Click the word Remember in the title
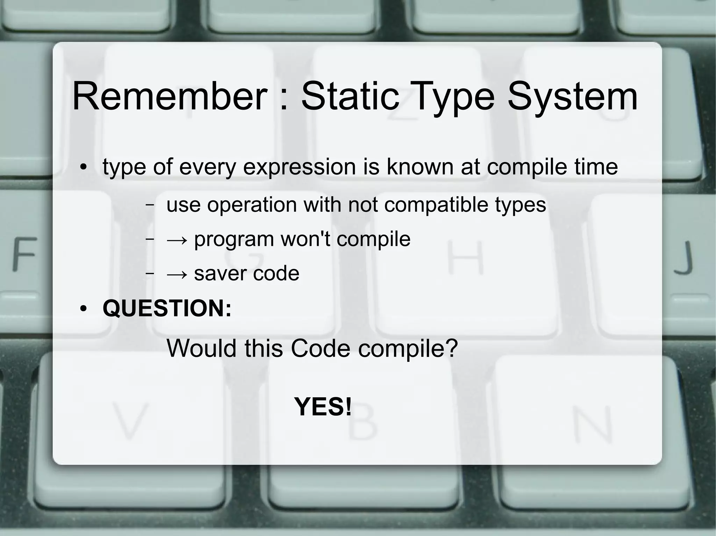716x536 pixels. point(169,96)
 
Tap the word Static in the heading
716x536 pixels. point(350,96)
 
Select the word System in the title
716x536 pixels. point(572,96)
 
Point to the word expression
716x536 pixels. point(299,167)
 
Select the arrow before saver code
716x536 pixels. point(177,274)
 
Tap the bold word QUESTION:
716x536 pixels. point(167,308)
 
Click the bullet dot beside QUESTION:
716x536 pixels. point(83,309)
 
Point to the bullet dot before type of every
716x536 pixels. point(83,168)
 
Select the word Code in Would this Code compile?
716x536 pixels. point(320,348)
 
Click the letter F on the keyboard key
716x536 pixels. point(25,254)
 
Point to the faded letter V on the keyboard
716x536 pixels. point(129,421)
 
